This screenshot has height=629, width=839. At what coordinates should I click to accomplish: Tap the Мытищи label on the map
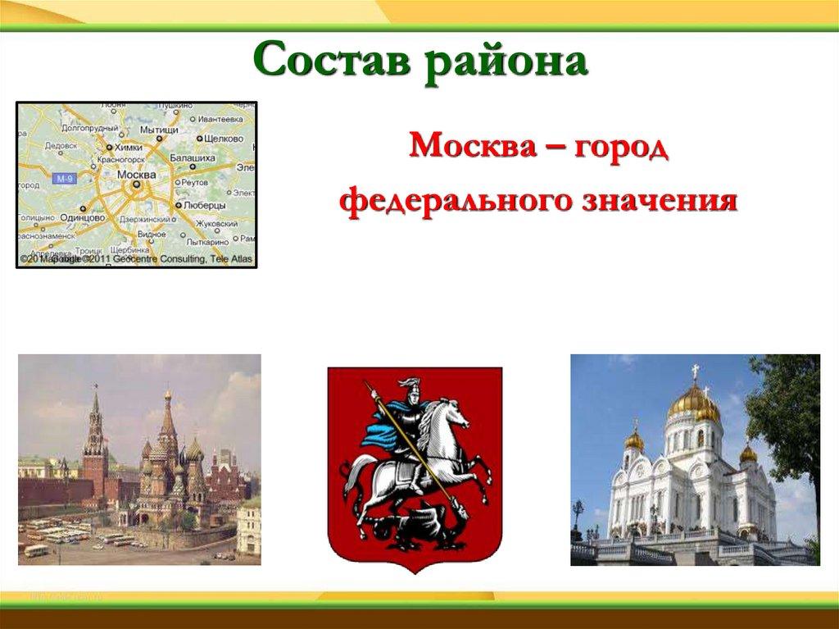(x=159, y=130)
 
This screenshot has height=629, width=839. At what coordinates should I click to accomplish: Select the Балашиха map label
(x=193, y=157)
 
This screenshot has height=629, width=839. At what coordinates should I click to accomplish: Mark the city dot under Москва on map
(x=136, y=185)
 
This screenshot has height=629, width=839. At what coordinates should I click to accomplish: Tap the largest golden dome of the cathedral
(x=693, y=403)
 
